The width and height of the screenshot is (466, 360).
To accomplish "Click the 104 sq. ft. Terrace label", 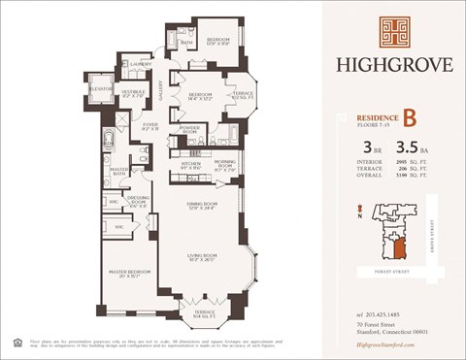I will (x=205, y=313).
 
